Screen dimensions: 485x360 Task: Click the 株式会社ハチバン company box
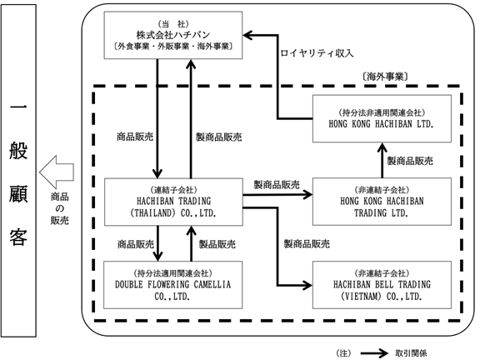pos(172,35)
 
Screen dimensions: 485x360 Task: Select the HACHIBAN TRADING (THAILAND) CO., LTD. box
pos(173,202)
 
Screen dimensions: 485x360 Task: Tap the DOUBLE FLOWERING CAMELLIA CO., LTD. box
pos(172,285)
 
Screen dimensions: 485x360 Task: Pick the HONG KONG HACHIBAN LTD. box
pos(382,118)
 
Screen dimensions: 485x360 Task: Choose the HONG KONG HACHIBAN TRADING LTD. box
pos(382,202)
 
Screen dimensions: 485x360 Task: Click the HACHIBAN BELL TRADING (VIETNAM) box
pos(382,285)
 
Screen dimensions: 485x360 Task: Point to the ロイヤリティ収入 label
pos(317,53)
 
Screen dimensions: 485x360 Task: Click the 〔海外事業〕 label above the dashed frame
pos(384,77)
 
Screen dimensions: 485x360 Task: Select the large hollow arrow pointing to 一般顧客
pos(57,172)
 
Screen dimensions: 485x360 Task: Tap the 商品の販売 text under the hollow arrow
pos(60,208)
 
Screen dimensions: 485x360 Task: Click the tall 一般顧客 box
pos(18,170)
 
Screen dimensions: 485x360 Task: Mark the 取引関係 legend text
pos(411,353)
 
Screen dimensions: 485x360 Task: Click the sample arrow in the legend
pos(374,353)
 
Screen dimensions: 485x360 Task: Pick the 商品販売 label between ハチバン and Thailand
pos(135,137)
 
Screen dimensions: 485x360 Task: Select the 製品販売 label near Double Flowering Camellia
pos(217,244)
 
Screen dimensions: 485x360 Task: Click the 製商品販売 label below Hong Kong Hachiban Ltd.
pos(410,161)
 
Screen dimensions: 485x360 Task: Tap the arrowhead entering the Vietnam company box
pos(307,285)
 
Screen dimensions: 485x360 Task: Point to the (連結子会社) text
pos(173,190)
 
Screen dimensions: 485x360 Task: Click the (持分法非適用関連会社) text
pos(382,112)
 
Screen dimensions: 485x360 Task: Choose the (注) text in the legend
pos(343,353)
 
